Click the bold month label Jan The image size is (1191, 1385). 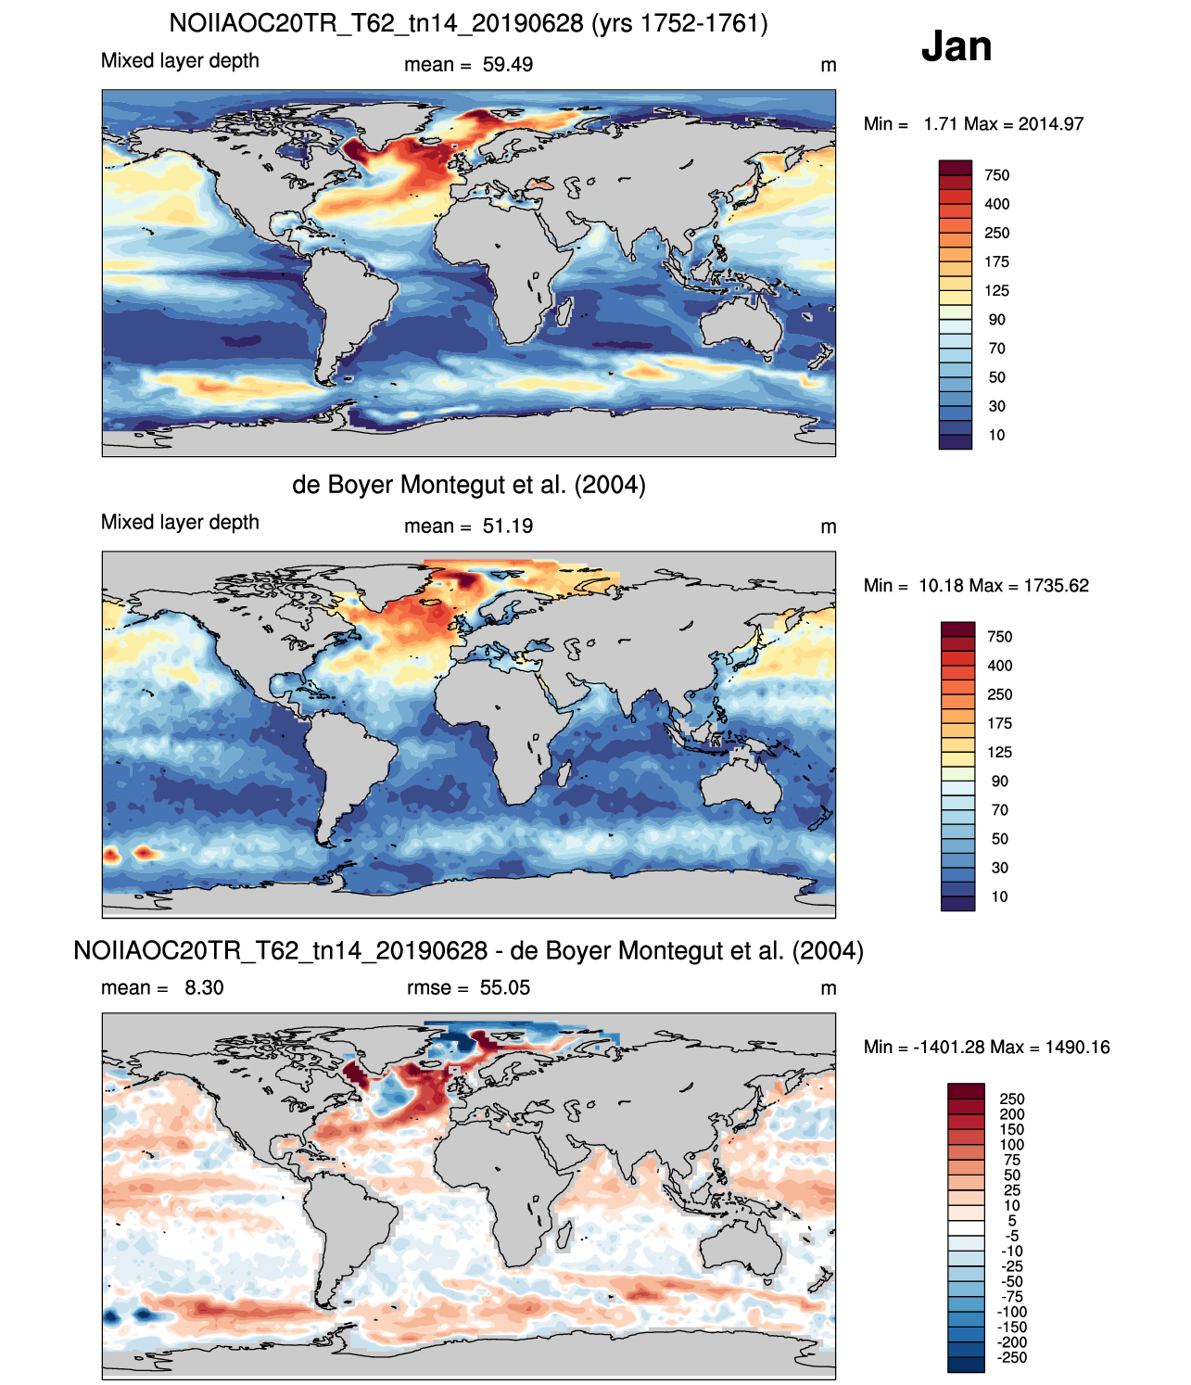click(x=956, y=46)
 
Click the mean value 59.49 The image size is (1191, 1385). click(x=507, y=65)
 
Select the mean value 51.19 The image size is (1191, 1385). click(x=507, y=527)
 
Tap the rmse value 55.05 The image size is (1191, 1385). click(x=504, y=987)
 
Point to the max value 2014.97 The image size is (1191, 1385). click(x=1050, y=124)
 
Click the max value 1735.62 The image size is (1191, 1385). click(x=1056, y=586)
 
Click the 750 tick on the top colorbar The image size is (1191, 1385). click(x=996, y=175)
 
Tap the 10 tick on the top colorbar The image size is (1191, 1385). click(x=996, y=436)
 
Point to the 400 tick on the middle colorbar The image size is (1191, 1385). click(x=999, y=666)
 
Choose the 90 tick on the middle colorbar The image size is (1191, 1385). click(x=999, y=781)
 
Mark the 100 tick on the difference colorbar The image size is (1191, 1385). click(x=1012, y=1145)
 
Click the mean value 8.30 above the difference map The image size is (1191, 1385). click(x=204, y=987)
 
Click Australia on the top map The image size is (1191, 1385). click(x=742, y=324)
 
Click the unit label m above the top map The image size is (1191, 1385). click(x=829, y=66)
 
